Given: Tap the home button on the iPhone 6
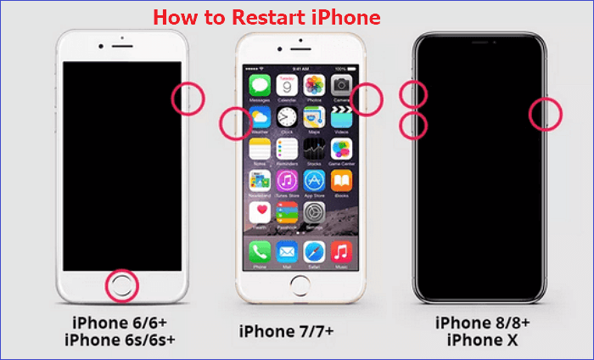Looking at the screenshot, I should point(121,287).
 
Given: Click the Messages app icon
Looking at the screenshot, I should point(261,85).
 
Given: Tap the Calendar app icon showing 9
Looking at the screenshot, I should point(288,85).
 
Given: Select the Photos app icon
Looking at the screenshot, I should point(315,85).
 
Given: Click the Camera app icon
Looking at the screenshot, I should point(342,85).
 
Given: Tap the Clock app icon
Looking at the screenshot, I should point(288,117).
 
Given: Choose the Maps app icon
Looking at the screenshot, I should point(315,117).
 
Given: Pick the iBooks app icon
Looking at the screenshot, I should point(342,181).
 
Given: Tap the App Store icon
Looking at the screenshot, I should point(315,181).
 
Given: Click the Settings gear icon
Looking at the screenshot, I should point(315,212).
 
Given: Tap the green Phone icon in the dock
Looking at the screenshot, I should point(261,251).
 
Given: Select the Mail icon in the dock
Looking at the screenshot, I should point(288,251).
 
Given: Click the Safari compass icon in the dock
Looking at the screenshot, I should point(315,251).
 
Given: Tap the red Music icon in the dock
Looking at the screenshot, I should point(342,251).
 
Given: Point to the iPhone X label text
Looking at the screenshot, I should point(484,340).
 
